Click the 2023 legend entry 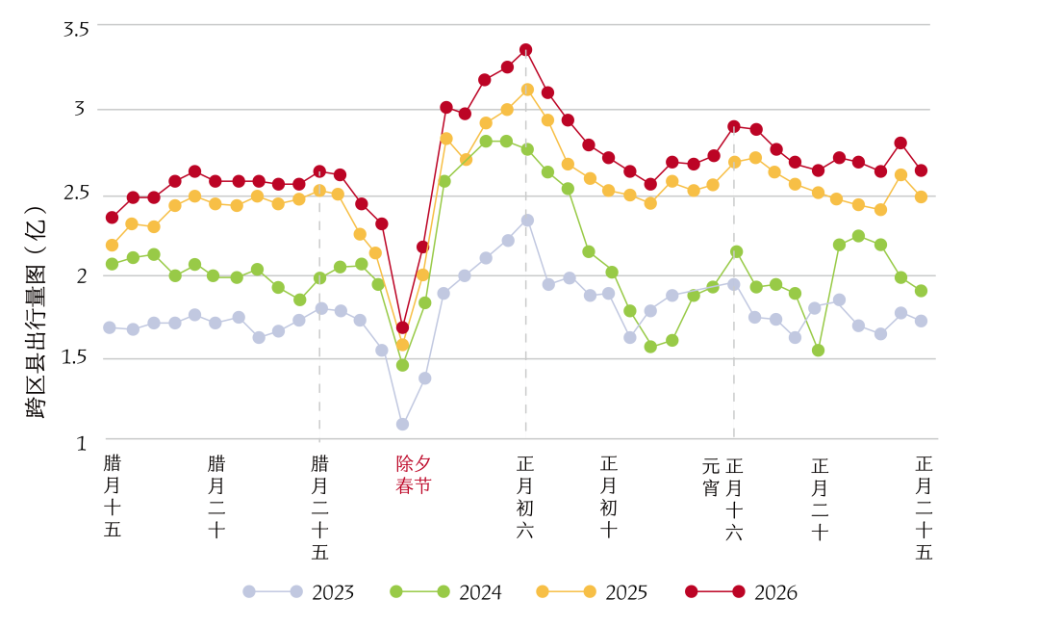click(298, 592)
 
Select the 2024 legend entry click(445, 592)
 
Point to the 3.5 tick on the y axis click(75, 29)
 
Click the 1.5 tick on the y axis click(75, 358)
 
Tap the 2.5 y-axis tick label click(75, 193)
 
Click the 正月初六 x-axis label click(525, 496)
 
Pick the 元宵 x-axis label click(711, 476)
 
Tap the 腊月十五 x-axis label click(113, 496)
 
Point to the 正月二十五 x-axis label click(925, 507)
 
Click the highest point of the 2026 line click(525, 49)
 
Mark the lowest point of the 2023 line click(402, 424)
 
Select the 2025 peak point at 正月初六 click(527, 90)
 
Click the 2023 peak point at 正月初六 click(527, 220)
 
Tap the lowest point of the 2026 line click(402, 327)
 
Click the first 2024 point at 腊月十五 click(112, 263)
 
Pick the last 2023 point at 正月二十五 click(921, 321)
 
